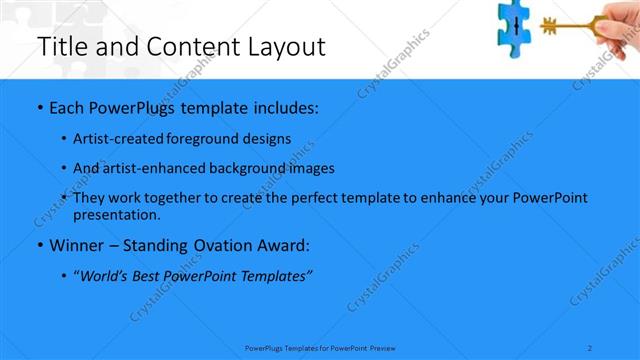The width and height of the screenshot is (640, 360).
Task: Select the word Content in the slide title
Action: click(186, 47)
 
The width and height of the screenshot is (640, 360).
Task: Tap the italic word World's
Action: click(108, 276)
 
